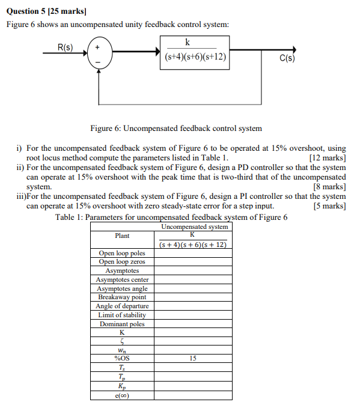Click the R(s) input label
pos(65,47)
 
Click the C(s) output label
pos(287,59)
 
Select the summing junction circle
pos(99,52)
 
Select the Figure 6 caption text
pos(176,128)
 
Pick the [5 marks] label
pos(329,206)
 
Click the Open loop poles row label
pos(122,253)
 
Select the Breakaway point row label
pos(122,297)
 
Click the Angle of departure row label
pos(122,306)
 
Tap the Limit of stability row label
pos(122,315)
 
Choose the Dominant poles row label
pos(122,324)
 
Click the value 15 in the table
pos(193,359)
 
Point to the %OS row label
pos(122,359)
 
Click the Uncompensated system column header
pos(195,227)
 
